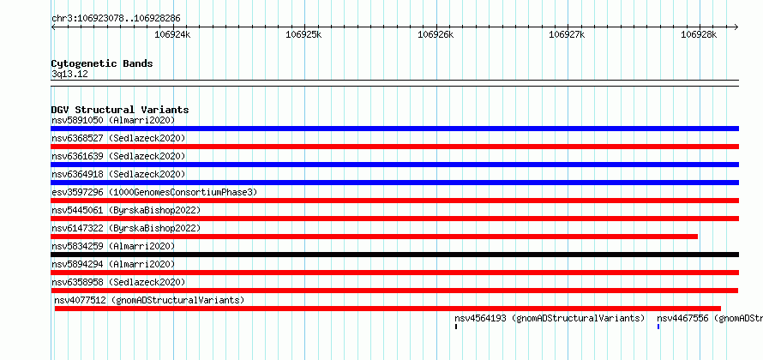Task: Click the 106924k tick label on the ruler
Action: click(x=172, y=34)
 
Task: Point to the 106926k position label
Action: click(x=436, y=34)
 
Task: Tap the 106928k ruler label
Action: click(x=699, y=34)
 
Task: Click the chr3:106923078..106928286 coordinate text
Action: click(x=116, y=19)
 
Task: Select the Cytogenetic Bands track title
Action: click(x=102, y=63)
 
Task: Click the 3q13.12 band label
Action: click(x=69, y=75)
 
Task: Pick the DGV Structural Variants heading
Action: click(x=120, y=110)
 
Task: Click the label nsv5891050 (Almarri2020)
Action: click(x=113, y=120)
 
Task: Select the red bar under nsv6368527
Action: click(x=394, y=147)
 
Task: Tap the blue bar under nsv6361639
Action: click(x=394, y=165)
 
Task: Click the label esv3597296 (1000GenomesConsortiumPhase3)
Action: click(x=154, y=193)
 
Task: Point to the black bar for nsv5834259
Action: click(x=394, y=255)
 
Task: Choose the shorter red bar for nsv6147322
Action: click(x=374, y=237)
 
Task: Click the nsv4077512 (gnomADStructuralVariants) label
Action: click(x=149, y=300)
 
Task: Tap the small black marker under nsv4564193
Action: click(x=456, y=327)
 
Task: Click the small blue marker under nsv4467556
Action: click(x=658, y=327)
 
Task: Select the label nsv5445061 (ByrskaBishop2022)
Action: click(x=126, y=211)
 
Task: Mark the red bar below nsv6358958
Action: click(x=394, y=291)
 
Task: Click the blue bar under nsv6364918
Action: click(x=394, y=183)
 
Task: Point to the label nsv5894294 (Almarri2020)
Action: click(x=113, y=264)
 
